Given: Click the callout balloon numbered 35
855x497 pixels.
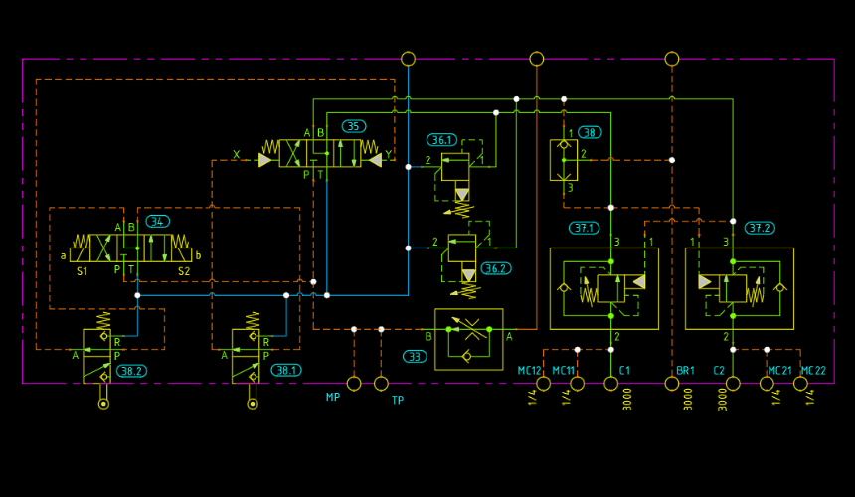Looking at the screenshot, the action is tap(354, 126).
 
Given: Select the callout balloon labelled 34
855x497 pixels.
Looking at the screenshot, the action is tap(158, 222).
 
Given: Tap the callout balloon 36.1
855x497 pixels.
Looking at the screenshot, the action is tap(441, 140).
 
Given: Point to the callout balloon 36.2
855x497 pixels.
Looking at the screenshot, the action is tap(496, 268).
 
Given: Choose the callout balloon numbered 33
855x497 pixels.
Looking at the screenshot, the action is tap(415, 357).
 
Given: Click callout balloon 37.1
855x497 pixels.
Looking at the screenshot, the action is tap(584, 228).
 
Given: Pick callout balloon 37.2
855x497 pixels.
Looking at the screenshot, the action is tap(760, 228).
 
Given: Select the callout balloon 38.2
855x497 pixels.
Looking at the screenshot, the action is tap(131, 371).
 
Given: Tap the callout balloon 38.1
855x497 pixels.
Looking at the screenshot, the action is tap(286, 371).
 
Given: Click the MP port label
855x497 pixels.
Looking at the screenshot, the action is tap(333, 398).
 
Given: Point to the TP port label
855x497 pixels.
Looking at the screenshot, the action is tap(398, 400).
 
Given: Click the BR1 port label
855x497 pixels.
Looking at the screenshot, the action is tap(685, 371).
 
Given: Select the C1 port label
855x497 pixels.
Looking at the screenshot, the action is tap(624, 371).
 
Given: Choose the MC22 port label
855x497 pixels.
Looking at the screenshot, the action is tap(813, 371).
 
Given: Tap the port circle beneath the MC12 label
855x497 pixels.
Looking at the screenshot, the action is tap(543, 384).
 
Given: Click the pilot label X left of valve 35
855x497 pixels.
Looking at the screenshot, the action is tap(236, 155).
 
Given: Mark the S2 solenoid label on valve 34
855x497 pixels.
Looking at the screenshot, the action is tap(184, 271).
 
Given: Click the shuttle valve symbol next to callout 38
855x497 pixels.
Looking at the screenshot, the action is tap(564, 160).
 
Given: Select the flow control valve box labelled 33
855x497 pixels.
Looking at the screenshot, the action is tap(469, 340).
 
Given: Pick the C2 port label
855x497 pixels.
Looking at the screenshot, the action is tap(719, 371).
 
